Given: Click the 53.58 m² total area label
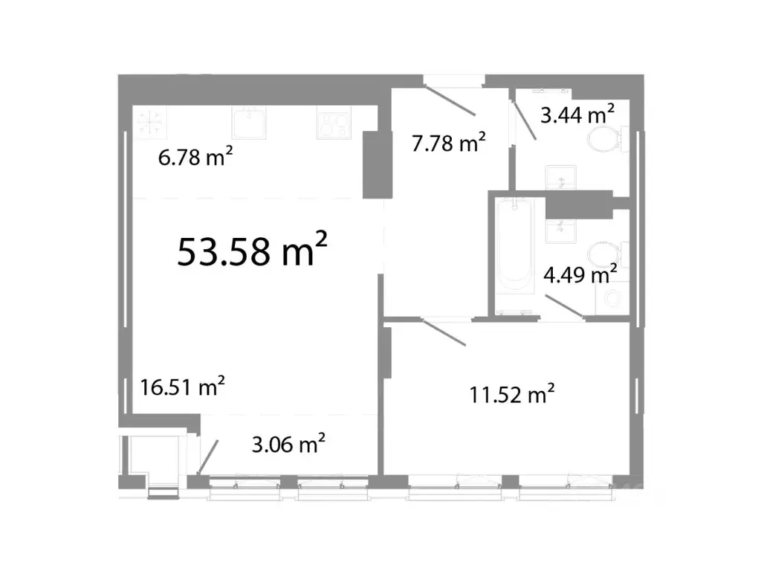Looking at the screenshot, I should point(253,251).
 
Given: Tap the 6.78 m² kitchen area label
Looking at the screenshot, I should point(197,158).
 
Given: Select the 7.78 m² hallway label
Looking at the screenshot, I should point(449,142).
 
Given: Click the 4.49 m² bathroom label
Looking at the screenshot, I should point(580,276).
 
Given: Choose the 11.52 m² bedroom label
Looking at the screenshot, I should point(513,394).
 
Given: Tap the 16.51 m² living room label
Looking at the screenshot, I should point(183,387).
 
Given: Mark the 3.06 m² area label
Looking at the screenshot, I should point(288,445).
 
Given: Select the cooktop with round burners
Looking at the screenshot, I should point(333,124).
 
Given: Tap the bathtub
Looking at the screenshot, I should point(515,246).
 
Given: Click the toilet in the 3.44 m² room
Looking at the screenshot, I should point(603,139).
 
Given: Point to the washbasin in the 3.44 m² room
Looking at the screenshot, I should point(560,177).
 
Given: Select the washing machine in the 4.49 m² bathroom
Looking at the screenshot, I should point(612,300).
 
